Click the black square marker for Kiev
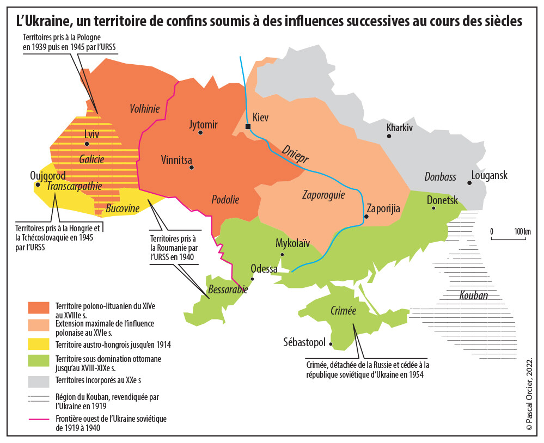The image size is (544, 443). click(x=248, y=127)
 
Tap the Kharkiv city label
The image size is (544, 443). click(x=400, y=127)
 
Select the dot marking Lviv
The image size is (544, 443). click(x=87, y=144)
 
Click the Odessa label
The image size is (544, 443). click(x=264, y=269)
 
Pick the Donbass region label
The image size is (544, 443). click(x=440, y=177)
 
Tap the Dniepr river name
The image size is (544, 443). click(x=295, y=155)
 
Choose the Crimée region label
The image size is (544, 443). click(x=343, y=311)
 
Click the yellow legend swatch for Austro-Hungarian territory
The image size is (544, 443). click(x=39, y=344)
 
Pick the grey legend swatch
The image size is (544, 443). click(x=39, y=380)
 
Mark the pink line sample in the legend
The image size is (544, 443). click(x=39, y=419)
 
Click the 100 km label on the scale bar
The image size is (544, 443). click(x=523, y=232)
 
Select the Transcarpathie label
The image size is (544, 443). click(x=75, y=186)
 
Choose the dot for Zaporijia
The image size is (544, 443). click(x=366, y=217)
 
